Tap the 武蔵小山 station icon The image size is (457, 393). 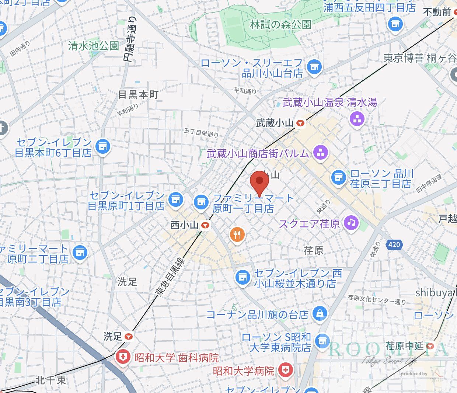click(x=301, y=124)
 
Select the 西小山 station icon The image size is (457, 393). click(x=205, y=225)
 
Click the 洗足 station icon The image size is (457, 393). click(x=128, y=337)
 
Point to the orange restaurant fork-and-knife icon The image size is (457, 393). click(x=237, y=234)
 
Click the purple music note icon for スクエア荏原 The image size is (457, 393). click(x=351, y=222)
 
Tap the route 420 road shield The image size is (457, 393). click(x=394, y=244)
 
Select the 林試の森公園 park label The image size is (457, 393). click(x=280, y=25)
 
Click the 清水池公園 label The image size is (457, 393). click(x=94, y=46)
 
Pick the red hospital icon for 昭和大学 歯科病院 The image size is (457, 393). click(x=122, y=357)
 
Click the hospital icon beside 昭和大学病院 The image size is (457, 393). click(x=285, y=370)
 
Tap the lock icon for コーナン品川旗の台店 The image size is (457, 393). click(x=319, y=314)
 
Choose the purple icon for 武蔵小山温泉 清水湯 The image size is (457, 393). click(x=357, y=119)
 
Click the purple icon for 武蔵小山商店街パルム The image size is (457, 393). click(x=320, y=152)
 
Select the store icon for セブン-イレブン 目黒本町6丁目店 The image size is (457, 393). click(x=102, y=147)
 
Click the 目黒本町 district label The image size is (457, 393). click(x=138, y=94)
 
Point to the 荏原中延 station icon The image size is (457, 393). click(x=430, y=346)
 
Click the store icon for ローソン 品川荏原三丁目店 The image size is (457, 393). click(x=338, y=178)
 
